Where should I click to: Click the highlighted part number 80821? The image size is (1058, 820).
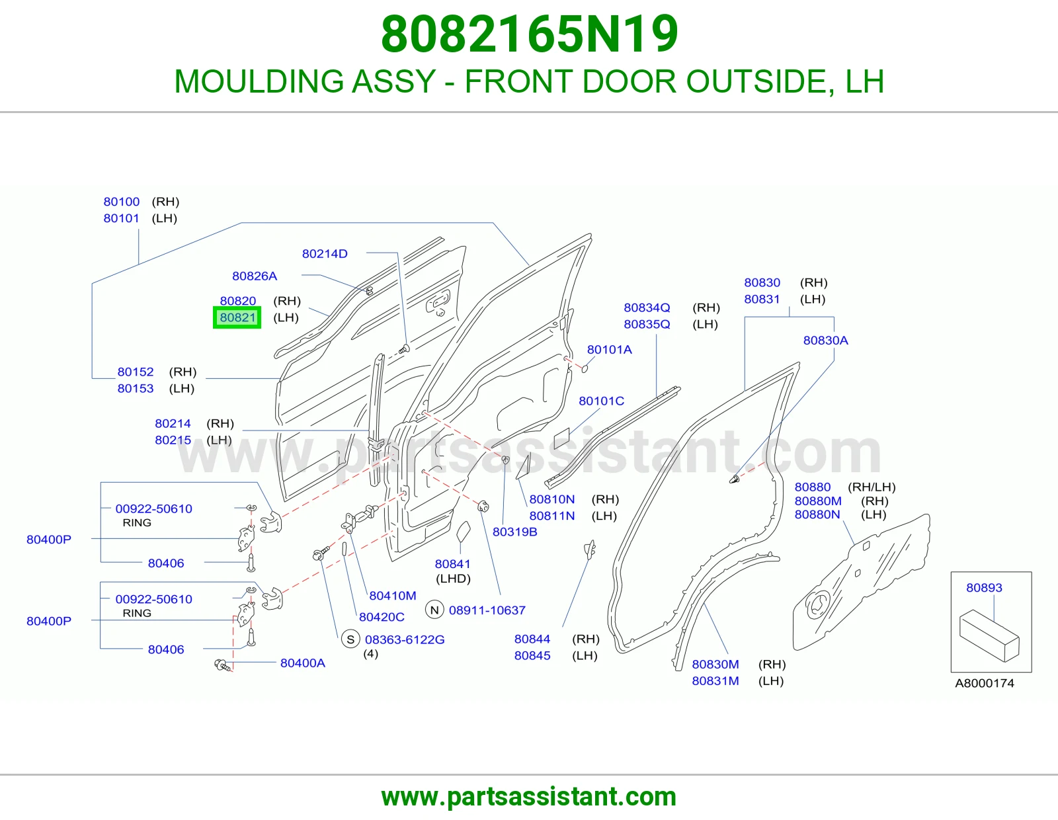237,317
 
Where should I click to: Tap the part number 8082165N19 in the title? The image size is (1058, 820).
529,34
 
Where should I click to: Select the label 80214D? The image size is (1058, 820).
325,254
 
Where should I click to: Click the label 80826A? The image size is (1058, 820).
254,276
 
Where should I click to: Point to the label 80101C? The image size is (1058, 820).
601,401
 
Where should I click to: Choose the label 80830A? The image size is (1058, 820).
825,341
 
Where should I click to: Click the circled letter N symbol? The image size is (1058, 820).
434,610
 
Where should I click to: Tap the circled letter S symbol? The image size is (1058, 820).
350,639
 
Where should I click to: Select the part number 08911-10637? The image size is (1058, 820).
487,610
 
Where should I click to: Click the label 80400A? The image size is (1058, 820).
302,663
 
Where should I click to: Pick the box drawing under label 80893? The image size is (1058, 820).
989,635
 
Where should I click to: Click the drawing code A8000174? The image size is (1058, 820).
985,683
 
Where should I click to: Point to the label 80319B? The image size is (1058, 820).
514,532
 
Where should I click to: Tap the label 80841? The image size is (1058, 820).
452,564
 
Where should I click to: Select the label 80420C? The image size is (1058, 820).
382,617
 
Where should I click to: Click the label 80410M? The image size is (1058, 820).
392,596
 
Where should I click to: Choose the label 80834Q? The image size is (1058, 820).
647,307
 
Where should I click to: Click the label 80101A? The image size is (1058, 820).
609,350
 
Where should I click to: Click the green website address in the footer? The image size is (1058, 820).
529,797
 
